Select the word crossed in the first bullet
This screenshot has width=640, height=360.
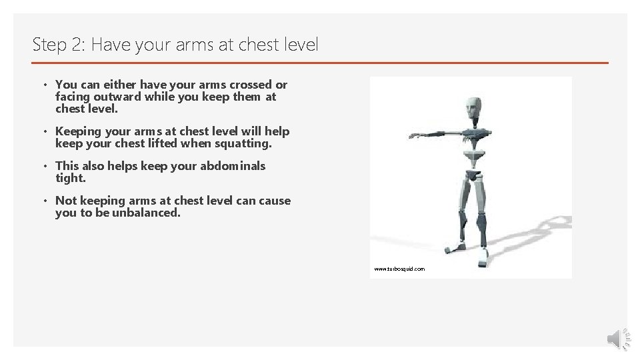point(251,85)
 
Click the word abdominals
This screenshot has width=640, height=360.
point(233,166)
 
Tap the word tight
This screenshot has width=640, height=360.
point(70,178)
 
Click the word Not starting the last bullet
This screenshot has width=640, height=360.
point(66,201)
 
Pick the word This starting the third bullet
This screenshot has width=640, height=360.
point(67,166)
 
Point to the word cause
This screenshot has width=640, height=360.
point(274,201)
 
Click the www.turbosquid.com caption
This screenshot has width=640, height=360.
point(399,269)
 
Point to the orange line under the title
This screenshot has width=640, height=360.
point(320,63)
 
